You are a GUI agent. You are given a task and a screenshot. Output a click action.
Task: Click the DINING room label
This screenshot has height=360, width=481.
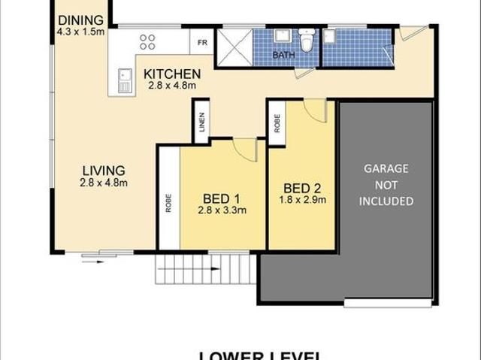(77, 20)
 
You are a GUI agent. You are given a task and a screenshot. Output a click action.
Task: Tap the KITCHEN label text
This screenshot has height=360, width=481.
(172, 74)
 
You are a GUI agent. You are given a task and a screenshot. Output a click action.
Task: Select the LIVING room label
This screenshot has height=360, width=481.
(104, 171)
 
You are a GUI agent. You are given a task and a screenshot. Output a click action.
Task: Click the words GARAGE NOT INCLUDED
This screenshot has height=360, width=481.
(386, 185)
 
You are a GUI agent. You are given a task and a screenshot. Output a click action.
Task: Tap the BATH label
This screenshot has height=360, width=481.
(283, 55)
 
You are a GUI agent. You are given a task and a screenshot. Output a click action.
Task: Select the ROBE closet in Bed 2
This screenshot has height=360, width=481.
(277, 123)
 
